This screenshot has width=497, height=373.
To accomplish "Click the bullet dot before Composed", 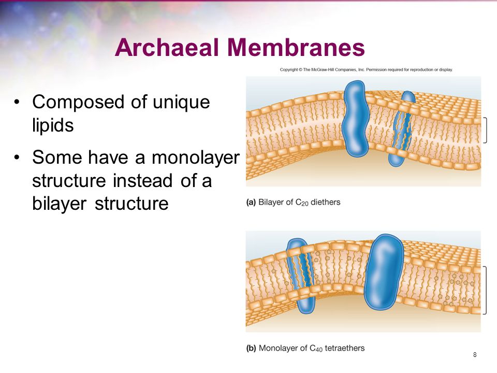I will [18, 102].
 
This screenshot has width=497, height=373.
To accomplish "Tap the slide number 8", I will [475, 354].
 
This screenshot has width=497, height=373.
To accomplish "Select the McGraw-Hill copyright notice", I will [367, 69].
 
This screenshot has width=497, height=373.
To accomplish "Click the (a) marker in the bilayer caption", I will [251, 202].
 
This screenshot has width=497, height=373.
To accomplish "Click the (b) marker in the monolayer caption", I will [251, 348].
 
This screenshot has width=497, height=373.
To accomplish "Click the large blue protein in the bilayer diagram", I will [355, 118].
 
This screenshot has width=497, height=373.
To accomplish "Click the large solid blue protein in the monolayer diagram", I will [384, 270].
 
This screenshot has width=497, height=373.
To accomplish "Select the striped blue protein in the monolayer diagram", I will [300, 274].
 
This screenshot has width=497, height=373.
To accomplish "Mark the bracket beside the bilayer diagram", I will [486, 130].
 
